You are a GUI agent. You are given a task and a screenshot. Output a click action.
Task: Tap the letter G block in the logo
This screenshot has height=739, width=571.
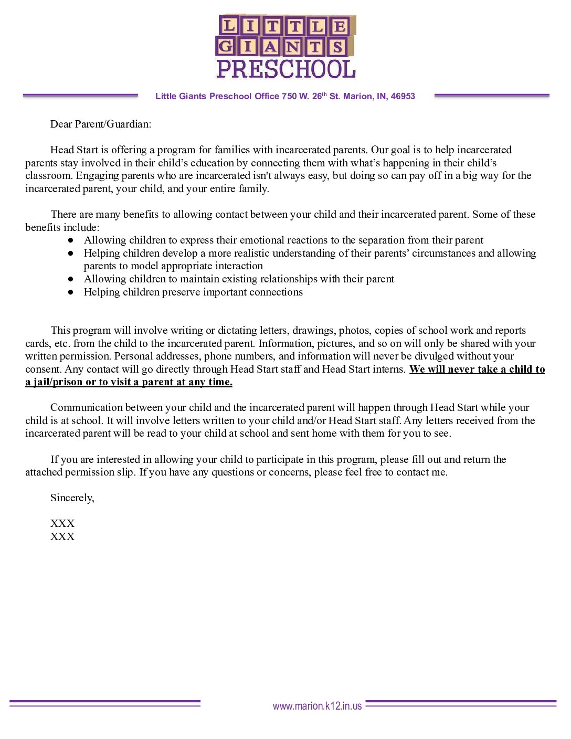tap(225, 47)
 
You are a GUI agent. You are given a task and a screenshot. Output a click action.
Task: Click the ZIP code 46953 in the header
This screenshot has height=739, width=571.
tap(403, 97)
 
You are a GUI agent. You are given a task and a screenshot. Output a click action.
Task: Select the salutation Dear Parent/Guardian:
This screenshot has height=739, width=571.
tap(100, 124)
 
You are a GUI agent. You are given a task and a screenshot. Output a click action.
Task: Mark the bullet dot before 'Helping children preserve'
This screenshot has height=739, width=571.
tap(71, 292)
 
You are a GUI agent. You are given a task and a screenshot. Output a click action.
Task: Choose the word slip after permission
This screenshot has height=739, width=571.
tap(126, 472)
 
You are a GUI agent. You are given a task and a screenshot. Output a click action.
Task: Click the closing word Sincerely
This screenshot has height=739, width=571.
tap(72, 498)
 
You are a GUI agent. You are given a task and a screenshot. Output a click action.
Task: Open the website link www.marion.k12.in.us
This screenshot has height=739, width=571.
tap(317, 706)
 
